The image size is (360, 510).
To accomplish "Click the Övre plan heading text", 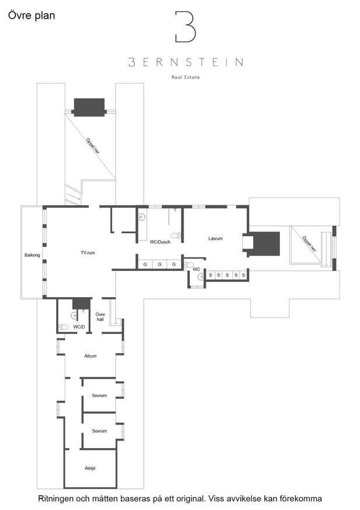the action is click(32, 16).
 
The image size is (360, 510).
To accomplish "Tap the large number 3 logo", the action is click(185, 27).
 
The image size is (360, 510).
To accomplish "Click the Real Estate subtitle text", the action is click(185, 77).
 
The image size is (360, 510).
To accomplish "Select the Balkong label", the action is click(32, 255).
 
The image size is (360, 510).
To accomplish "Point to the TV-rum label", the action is click(88, 253).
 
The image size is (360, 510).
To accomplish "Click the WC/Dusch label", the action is click(160, 242).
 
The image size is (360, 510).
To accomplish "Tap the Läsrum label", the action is click(216, 239).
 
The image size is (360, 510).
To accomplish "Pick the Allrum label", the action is click(91, 356).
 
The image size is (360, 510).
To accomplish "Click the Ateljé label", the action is click(90, 468).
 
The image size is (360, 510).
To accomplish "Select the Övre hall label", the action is click(100, 317).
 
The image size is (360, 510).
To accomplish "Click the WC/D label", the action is click(79, 327).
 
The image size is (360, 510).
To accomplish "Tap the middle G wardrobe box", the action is click(160, 264).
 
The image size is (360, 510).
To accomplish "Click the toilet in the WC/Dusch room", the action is click(176, 236).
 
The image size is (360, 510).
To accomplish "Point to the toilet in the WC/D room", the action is click(63, 327).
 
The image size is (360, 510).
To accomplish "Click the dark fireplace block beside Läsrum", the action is click(266, 244).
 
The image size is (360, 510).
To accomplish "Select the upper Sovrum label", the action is click(99, 395).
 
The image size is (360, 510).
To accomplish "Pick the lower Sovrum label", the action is click(99, 431).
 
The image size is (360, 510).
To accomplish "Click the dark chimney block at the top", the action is click(89, 107).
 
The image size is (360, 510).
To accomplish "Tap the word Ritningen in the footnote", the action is click(56, 499).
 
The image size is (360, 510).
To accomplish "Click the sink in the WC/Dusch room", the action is click(142, 217).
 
